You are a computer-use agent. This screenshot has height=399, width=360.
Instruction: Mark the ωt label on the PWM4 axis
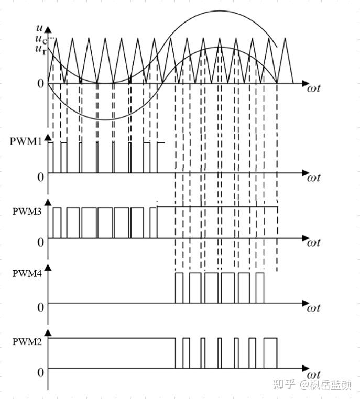click(313, 307)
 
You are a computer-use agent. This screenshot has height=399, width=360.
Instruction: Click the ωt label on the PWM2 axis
click(313, 375)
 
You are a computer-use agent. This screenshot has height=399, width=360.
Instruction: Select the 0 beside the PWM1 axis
click(40, 177)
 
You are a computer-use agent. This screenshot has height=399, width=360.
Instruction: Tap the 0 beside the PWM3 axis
click(40, 242)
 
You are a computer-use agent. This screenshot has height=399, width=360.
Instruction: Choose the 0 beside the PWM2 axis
click(40, 373)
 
